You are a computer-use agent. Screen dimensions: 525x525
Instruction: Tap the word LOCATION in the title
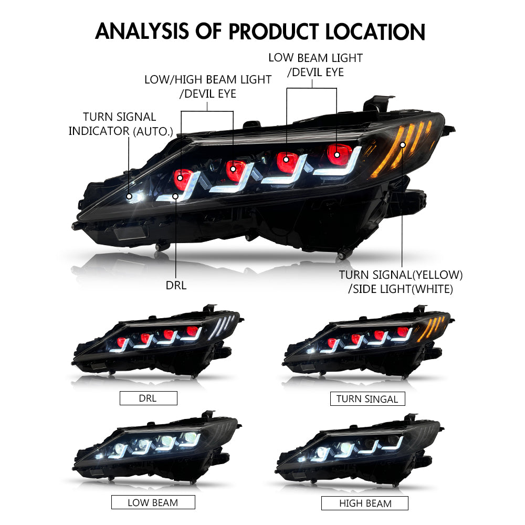coord(375,31)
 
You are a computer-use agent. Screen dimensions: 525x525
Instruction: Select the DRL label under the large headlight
coord(176,286)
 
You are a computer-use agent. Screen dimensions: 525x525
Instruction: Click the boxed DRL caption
coord(148,398)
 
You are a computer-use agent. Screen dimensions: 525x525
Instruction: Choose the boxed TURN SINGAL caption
coord(367,398)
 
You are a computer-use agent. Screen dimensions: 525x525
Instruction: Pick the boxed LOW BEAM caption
coord(153,502)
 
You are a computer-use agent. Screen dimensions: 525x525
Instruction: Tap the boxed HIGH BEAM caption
coord(365,503)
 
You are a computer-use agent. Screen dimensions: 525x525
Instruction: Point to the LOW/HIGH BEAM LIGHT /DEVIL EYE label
coord(208,87)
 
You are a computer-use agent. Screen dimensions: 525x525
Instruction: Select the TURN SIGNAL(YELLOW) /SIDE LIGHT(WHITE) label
coord(401,281)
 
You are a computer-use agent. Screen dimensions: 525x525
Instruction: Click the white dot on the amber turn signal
coord(403,144)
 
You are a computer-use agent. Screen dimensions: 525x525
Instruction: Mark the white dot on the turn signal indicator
coord(130,196)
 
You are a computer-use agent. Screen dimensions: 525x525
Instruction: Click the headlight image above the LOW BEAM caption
coord(157,451)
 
